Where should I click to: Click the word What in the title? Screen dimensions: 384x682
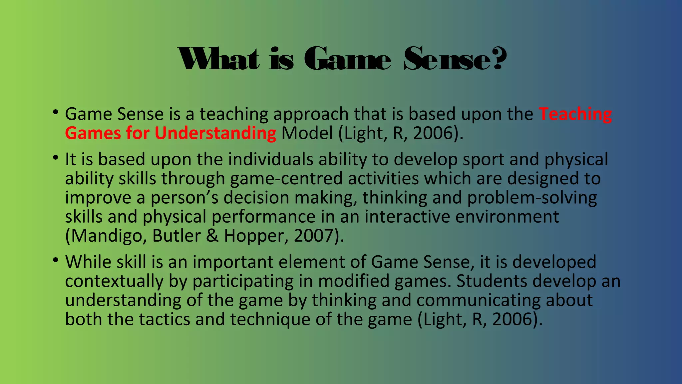pos(218,59)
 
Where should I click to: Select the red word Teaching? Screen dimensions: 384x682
pos(575,114)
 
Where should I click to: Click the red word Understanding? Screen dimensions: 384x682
pos(215,133)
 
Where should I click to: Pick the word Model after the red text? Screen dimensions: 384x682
pos(307,133)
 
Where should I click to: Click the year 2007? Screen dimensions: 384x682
pos(315,236)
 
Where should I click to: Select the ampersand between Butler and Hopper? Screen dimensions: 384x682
pos(212,236)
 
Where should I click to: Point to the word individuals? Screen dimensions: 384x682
pos(270,159)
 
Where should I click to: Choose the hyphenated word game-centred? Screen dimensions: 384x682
pos(286,179)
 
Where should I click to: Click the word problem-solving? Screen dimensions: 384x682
pos(532,198)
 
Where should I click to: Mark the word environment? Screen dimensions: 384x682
pos(507,217)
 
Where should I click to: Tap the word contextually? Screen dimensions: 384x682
pos(114,281)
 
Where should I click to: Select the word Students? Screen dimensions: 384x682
pos(492,281)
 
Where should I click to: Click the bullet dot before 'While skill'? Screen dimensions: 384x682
pos(55,260)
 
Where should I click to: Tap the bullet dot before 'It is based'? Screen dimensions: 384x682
pos(55,157)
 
